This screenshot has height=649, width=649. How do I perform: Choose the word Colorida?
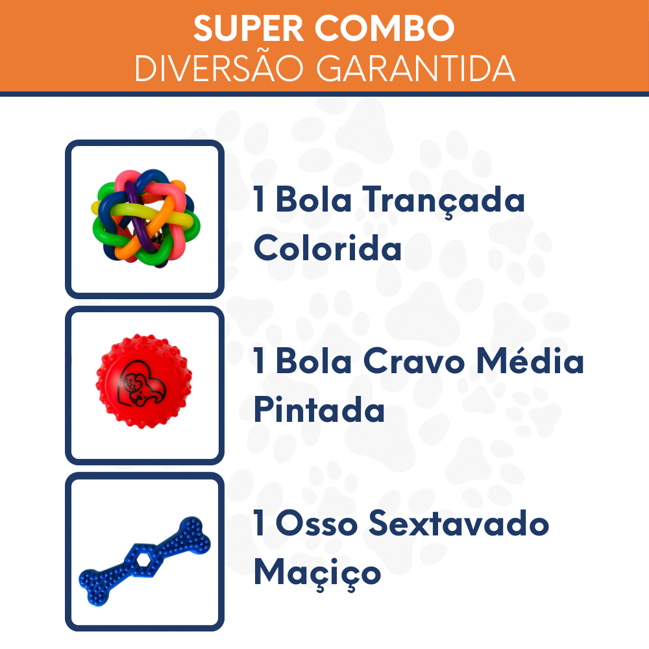point(328,249)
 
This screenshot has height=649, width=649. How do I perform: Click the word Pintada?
point(319,410)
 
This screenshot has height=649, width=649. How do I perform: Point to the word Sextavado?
point(459,524)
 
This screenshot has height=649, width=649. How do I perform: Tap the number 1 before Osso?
point(260,524)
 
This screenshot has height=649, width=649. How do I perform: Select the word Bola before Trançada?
point(314,201)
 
